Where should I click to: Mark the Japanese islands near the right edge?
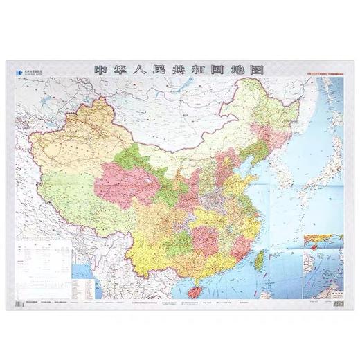(325, 173)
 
